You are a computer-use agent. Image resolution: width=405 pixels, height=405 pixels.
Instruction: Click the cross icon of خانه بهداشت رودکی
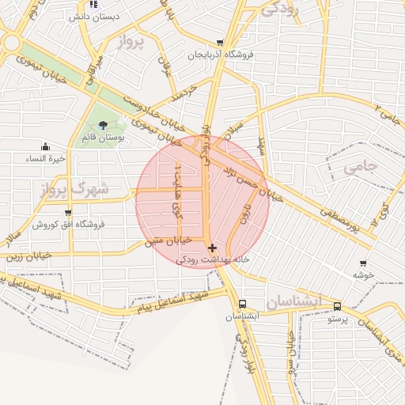click(x=212, y=248)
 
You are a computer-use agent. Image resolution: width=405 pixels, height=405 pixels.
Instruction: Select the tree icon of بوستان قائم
click(x=103, y=125)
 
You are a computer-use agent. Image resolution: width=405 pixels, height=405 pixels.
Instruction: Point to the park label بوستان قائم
click(x=100, y=138)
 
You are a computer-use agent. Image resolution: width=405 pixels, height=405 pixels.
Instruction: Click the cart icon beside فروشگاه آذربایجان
click(x=220, y=44)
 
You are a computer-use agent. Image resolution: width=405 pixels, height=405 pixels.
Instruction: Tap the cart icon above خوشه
click(x=363, y=263)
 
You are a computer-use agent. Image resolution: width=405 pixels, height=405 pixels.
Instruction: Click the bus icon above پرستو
click(x=338, y=306)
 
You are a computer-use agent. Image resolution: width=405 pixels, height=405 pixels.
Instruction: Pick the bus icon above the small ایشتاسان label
click(x=241, y=304)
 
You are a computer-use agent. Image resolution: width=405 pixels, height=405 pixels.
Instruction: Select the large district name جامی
click(x=363, y=168)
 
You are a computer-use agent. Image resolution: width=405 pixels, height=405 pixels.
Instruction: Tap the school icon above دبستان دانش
click(x=93, y=4)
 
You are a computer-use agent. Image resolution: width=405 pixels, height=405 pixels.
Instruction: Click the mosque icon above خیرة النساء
click(x=45, y=146)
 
